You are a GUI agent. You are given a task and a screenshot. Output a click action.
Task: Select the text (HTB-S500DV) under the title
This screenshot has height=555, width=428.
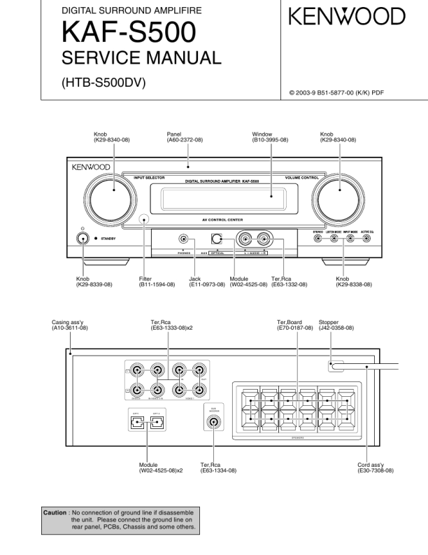click(104, 83)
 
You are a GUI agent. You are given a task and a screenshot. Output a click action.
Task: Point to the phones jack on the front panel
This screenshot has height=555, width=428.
click(183, 239)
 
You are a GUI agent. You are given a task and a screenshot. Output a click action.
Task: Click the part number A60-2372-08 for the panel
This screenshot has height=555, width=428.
click(185, 140)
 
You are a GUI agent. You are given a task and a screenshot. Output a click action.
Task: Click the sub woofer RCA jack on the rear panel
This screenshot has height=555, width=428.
click(213, 422)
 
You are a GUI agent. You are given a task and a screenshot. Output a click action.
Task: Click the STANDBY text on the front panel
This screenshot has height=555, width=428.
click(108, 239)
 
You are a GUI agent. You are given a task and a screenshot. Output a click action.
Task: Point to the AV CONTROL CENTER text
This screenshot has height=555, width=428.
click(223, 220)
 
